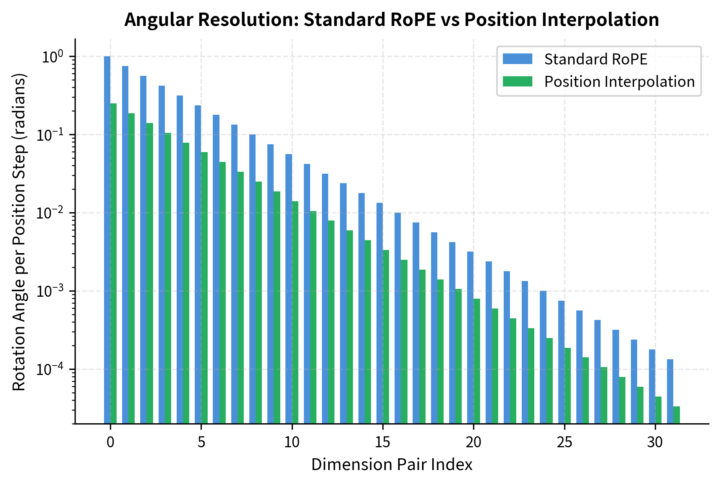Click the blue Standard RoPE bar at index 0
(107, 240)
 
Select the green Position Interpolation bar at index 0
(113, 263)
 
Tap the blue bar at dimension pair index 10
(289, 289)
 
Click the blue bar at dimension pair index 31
(670, 391)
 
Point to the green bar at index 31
(676, 415)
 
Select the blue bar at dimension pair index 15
(380, 313)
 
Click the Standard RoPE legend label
(596, 59)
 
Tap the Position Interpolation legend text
(619, 82)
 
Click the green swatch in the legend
(517, 81)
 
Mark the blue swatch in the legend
(517, 59)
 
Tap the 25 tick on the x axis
(564, 443)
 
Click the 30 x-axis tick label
(655, 443)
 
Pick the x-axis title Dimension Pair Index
(391, 465)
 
